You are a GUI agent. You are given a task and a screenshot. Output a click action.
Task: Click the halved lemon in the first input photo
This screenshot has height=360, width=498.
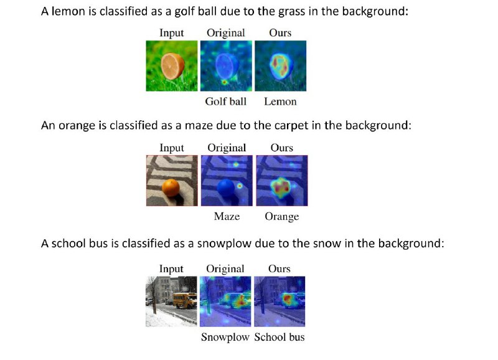pyautogui.click(x=172, y=66)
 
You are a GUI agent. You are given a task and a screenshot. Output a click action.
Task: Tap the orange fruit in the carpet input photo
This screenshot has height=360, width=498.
pyautogui.click(x=171, y=187)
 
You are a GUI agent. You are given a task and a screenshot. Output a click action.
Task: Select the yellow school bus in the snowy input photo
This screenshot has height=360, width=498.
pyautogui.click(x=185, y=300)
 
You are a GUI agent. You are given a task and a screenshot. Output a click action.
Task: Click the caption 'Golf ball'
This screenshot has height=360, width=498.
pyautogui.click(x=226, y=102)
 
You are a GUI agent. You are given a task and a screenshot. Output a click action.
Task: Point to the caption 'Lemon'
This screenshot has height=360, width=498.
pyautogui.click(x=281, y=102)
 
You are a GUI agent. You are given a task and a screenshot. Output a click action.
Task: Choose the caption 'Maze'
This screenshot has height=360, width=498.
pyautogui.click(x=227, y=216)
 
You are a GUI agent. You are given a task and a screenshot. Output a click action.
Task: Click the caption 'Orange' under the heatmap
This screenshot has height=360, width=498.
pyautogui.click(x=282, y=217)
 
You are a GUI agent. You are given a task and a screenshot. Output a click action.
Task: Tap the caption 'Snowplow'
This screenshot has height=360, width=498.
pyautogui.click(x=225, y=337)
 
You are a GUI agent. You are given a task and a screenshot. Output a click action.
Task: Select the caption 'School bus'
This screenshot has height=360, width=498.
pyautogui.click(x=280, y=337)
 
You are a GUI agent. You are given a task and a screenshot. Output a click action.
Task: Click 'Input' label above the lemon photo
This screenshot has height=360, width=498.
pyautogui.click(x=172, y=33)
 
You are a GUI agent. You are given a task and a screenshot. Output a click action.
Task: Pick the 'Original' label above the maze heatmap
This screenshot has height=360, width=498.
pyautogui.click(x=227, y=148)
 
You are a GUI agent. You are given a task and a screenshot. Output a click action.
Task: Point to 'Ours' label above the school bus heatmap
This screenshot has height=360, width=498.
pyautogui.click(x=279, y=269)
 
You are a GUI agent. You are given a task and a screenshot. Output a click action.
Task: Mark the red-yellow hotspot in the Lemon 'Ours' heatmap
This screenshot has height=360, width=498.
pyautogui.click(x=281, y=66)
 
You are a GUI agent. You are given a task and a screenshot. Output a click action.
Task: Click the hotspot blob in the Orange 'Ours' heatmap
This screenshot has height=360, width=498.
pyautogui.click(x=281, y=187)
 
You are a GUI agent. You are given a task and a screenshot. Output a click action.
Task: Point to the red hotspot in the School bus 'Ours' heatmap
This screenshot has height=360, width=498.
pyautogui.click(x=288, y=299)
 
